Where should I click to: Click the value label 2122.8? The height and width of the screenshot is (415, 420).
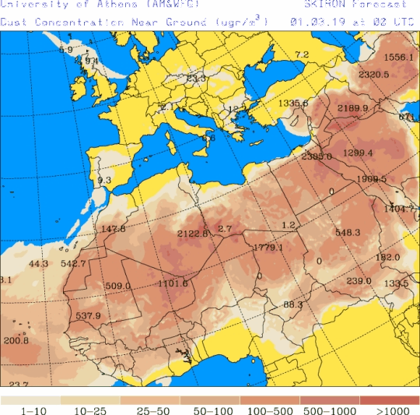193,234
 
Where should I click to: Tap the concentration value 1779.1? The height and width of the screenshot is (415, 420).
268,248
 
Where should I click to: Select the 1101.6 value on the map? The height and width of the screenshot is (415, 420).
173,283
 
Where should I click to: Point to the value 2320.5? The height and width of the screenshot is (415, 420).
374,75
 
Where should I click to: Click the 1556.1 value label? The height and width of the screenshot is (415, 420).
399,58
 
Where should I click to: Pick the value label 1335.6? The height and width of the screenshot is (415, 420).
293,104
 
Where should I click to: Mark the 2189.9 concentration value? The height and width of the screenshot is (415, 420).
352,108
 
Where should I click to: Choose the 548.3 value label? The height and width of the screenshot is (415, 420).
348,233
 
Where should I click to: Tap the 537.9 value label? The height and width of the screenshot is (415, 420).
89,316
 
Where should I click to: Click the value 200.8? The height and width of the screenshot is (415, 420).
16,341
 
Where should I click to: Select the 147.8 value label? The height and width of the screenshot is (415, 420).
114,229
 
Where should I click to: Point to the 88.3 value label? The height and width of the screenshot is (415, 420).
292,304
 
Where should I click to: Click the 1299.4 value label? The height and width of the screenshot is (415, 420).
358,153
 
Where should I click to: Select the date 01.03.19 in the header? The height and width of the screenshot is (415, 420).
315,23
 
